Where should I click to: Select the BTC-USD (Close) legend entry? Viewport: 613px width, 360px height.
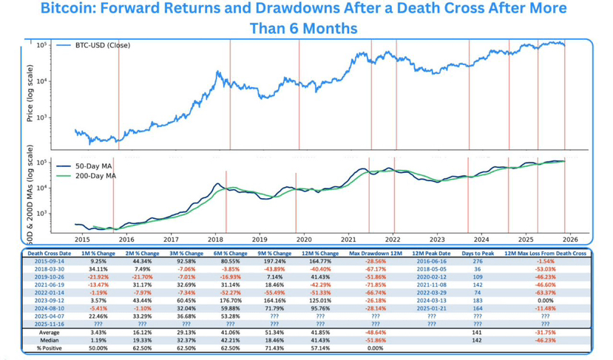coord(101,45)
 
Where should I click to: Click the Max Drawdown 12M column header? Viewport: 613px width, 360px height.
coord(376,254)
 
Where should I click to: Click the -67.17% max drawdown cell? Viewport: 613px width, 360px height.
coord(376,269)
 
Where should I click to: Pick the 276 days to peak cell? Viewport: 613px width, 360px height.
coord(477,262)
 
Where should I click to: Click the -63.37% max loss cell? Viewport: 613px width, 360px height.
coord(545,293)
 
